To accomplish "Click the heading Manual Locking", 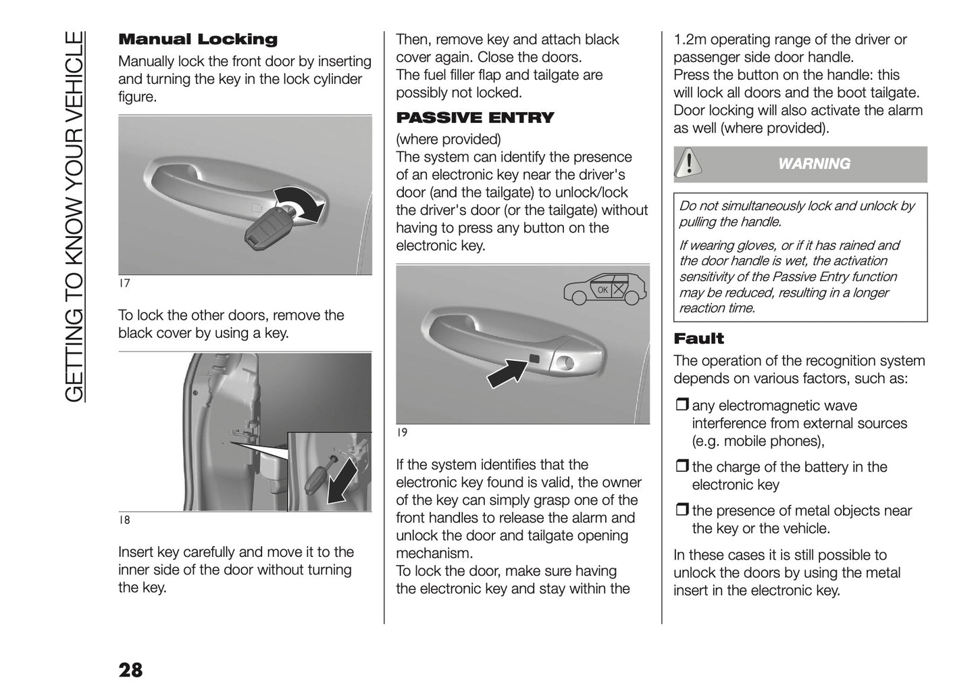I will pyautogui.click(x=197, y=40).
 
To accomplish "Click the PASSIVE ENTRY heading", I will pyautogui.click(x=474, y=118).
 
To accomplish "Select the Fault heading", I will pyautogui.click(x=698, y=339).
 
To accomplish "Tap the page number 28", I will pyautogui.click(x=130, y=670).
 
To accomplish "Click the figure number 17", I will pyautogui.click(x=124, y=284).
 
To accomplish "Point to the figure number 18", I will pyautogui.click(x=124, y=520).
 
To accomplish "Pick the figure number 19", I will pyautogui.click(x=401, y=433).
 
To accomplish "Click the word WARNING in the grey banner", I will pyautogui.click(x=814, y=164).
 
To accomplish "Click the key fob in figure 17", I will pyautogui.click(x=265, y=227).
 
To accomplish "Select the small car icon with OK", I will pyautogui.click(x=605, y=289).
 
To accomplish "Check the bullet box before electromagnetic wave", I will pyautogui.click(x=681, y=406).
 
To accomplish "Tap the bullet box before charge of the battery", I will pyautogui.click(x=681, y=467).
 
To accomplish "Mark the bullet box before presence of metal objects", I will pyautogui.click(x=681, y=511).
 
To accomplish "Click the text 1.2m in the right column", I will pyautogui.click(x=690, y=40).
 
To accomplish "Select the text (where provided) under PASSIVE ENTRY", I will pyautogui.click(x=448, y=140).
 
